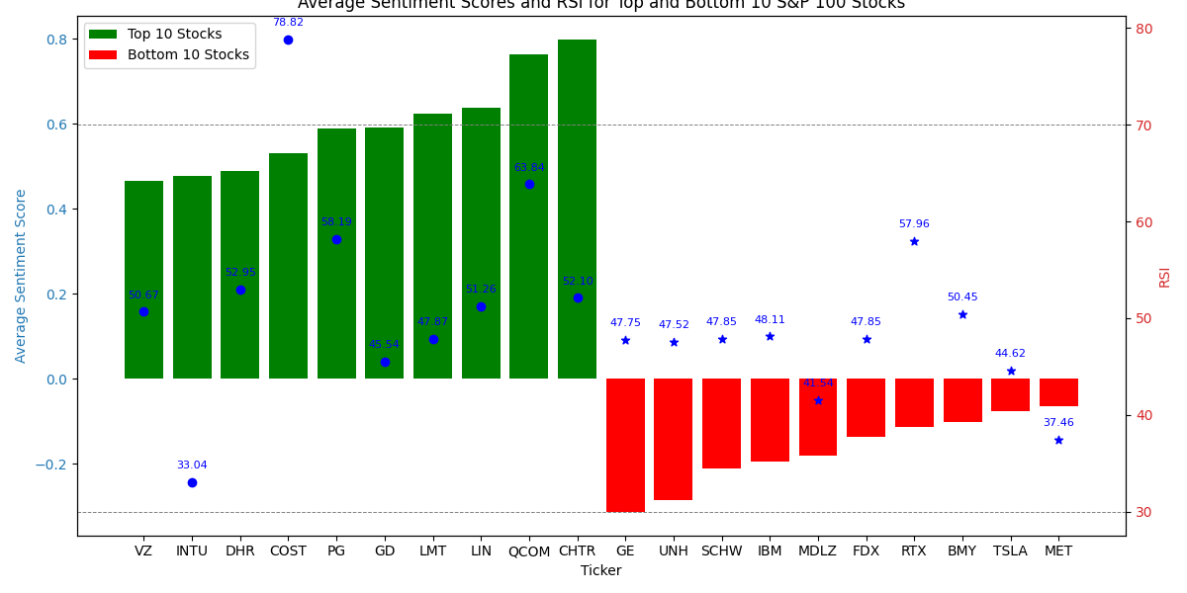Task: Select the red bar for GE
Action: click(625, 445)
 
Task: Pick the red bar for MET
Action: click(1058, 392)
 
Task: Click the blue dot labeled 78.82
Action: click(288, 40)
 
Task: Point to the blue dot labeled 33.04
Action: click(192, 482)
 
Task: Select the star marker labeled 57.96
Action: click(914, 241)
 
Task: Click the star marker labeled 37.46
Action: click(1058, 440)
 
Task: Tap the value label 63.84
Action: click(529, 168)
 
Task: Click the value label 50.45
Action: click(962, 297)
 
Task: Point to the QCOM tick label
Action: click(529, 551)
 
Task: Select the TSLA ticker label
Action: click(1010, 551)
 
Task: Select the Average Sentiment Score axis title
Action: click(21, 276)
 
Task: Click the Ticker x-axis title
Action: click(600, 571)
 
